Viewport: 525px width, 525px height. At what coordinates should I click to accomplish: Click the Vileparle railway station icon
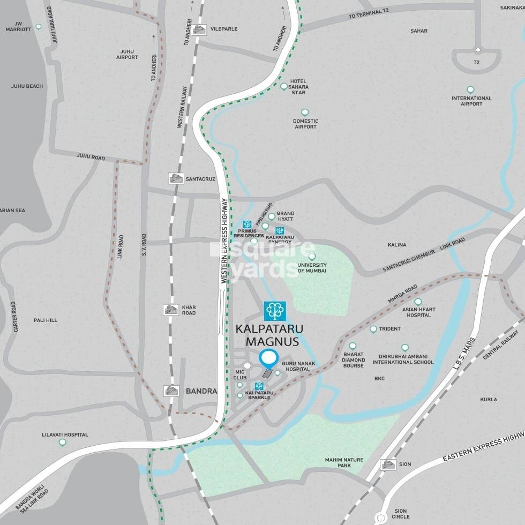pyautogui.click(x=199, y=29)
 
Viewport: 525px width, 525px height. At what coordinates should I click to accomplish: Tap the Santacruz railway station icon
pyautogui.click(x=175, y=178)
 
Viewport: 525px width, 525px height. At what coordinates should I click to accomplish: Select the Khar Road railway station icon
pyautogui.click(x=171, y=310)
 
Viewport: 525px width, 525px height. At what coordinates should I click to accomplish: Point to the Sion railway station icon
pyautogui.click(x=387, y=464)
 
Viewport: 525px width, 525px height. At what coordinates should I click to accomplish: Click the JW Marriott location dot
pyautogui.click(x=38, y=27)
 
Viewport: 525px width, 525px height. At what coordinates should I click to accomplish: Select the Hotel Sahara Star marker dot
pyautogui.click(x=284, y=86)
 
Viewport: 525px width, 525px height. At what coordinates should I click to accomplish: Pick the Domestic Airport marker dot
pyautogui.click(x=305, y=112)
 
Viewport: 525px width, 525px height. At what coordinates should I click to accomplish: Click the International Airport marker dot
pyautogui.click(x=470, y=89)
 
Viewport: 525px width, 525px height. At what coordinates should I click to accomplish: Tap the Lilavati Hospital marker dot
pyautogui.click(x=63, y=442)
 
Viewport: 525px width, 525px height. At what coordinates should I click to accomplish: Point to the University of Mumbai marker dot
pyautogui.click(x=312, y=257)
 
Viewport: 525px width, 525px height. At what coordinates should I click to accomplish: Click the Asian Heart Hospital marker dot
pyautogui.click(x=418, y=302)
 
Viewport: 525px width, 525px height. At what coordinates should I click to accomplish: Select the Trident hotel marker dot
pyautogui.click(x=373, y=329)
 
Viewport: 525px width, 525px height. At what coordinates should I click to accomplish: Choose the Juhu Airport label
pyautogui.click(x=127, y=55)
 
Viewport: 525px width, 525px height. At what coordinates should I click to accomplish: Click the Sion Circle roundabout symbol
pyautogui.click(x=381, y=518)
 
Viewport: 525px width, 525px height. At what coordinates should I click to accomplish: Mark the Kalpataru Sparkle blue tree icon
pyautogui.click(x=259, y=386)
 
